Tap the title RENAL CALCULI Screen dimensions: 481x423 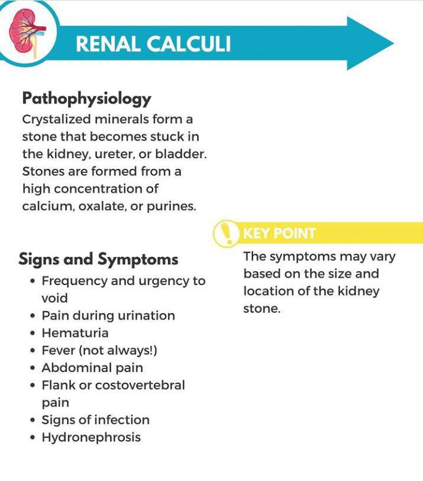click(153, 43)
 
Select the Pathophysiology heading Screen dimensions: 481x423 click(86, 98)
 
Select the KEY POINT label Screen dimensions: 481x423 click(279, 233)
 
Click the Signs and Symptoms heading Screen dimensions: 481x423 click(98, 259)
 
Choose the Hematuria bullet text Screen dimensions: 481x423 click(75, 333)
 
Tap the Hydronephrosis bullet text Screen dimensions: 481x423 click(91, 437)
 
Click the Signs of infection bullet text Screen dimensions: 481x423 click(95, 420)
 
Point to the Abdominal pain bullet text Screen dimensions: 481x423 click(92, 368)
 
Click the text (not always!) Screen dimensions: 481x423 click(121, 350)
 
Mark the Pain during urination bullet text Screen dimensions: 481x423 click(108, 315)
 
